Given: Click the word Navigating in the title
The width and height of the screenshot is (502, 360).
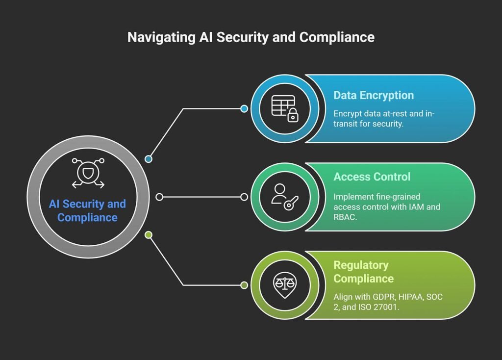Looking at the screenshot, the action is [x=161, y=37].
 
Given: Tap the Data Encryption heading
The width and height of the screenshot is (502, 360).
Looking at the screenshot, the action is [x=374, y=96].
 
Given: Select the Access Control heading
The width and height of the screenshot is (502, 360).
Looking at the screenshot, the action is [x=372, y=177].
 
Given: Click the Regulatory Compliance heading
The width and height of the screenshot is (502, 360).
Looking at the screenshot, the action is [x=364, y=272].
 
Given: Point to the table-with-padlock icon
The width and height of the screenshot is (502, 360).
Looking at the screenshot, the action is [x=285, y=109].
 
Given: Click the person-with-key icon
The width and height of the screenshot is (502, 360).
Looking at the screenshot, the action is [x=285, y=197].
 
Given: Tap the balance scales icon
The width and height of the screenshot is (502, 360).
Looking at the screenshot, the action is [x=285, y=285].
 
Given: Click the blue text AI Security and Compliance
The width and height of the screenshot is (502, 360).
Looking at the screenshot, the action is [x=87, y=211].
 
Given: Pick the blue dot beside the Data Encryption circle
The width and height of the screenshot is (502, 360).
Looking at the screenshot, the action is [x=244, y=109].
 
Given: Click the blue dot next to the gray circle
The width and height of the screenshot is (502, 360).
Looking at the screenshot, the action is [x=149, y=159].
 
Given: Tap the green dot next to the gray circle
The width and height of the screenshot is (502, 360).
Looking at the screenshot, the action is [x=149, y=235].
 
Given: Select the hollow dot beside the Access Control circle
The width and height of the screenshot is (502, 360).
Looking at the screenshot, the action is [x=244, y=197].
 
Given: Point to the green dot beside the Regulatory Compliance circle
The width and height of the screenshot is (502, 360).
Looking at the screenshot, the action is [x=244, y=285].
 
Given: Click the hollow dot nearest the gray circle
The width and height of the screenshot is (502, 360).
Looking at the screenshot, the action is [x=159, y=197].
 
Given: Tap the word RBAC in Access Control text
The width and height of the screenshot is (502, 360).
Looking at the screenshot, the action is [x=345, y=217].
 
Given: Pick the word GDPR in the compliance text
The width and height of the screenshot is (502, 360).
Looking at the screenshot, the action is [x=384, y=297].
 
